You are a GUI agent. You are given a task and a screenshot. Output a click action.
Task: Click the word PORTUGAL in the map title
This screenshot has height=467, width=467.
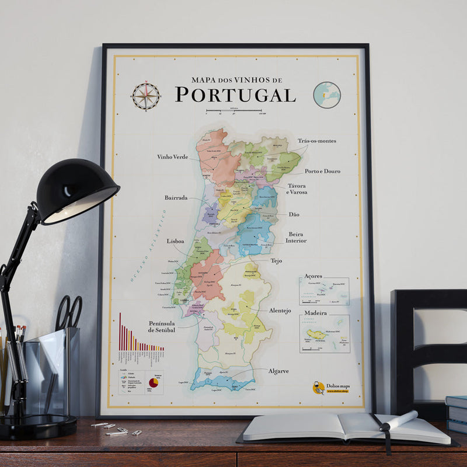click(x=235, y=95)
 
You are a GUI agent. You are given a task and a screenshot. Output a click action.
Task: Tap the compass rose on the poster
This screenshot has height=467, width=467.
click(x=145, y=96)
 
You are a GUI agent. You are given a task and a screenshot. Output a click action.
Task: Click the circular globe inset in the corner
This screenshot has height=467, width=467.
click(x=326, y=95)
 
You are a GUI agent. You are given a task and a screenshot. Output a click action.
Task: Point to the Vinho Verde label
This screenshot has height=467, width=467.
click(x=172, y=156)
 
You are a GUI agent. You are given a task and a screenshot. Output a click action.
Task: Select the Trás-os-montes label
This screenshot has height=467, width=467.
click(x=316, y=141)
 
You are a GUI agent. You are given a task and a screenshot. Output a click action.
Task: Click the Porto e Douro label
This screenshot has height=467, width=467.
click(x=322, y=171)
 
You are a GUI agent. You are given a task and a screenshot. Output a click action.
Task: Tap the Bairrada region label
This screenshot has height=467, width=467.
click(x=176, y=198)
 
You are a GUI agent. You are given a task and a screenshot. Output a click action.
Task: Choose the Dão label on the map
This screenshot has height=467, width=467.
click(x=294, y=214)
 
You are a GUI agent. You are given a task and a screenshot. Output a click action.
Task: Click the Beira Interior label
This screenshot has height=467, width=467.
click(x=296, y=237)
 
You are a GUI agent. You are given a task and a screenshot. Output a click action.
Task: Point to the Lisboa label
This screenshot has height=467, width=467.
click(x=175, y=241)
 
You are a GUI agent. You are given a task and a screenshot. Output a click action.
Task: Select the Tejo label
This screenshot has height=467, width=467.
click(x=276, y=260)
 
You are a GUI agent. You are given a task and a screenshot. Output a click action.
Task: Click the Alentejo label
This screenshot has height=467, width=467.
click(x=280, y=311)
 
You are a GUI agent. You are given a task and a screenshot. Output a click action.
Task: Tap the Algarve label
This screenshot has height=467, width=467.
click(x=278, y=371)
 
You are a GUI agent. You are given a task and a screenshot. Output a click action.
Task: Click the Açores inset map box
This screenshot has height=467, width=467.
click(x=324, y=291)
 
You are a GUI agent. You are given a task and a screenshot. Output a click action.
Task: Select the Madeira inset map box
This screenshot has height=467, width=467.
click(x=324, y=334)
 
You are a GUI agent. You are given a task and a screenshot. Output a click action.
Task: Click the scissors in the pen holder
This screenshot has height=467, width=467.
click(x=69, y=313)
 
